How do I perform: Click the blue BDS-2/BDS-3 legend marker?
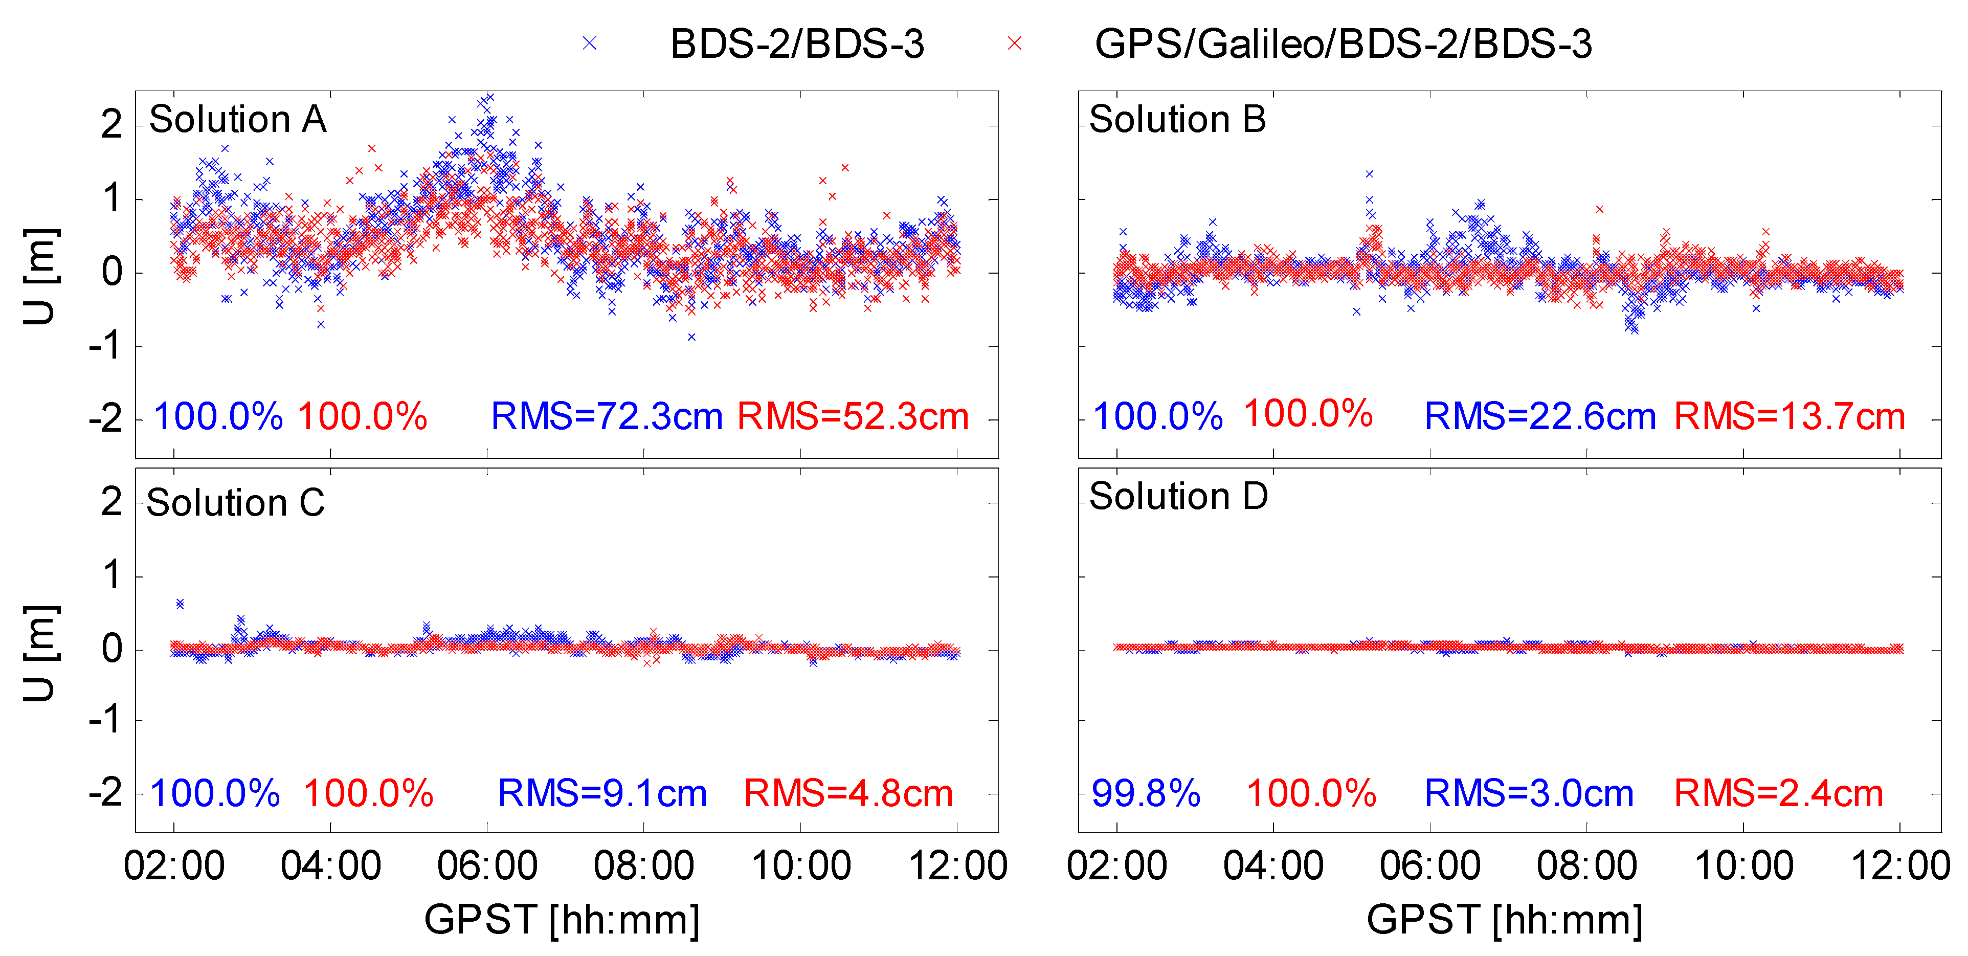[x=589, y=43]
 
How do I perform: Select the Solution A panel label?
[x=238, y=119]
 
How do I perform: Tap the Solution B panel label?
[x=1177, y=119]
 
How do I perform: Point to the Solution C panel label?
[x=235, y=503]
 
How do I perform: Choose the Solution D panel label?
[x=1178, y=496]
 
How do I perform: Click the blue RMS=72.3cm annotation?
[x=606, y=416]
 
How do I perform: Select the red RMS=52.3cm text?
[x=853, y=416]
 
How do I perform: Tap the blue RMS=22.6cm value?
[x=1539, y=416]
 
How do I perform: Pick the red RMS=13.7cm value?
[x=1789, y=416]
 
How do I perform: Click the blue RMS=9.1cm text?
[x=602, y=793]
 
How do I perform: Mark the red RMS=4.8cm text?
[x=848, y=793]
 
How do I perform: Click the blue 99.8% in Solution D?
[x=1145, y=793]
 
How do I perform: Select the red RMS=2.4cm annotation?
[x=1779, y=793]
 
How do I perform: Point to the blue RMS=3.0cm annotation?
[x=1529, y=793]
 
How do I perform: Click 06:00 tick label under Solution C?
[x=487, y=866]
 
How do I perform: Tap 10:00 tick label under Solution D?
[x=1743, y=866]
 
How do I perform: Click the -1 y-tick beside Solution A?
[x=105, y=346]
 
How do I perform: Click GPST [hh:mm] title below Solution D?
[x=1504, y=919]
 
